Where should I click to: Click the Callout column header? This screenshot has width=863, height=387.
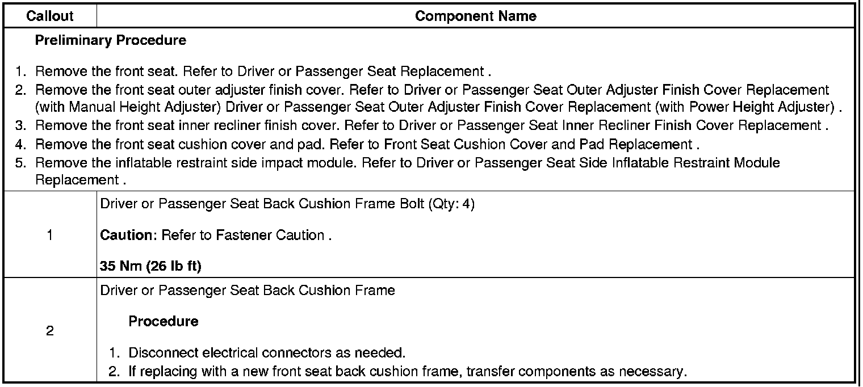pos(50,16)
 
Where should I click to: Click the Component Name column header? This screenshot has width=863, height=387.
pos(475,16)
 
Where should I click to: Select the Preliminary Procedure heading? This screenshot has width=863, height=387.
pos(110,40)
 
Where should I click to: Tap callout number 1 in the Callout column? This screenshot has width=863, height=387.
pos(50,235)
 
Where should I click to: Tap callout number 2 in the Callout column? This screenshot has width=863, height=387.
pos(50,331)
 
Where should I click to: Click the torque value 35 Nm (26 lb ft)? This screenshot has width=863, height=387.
pos(150,266)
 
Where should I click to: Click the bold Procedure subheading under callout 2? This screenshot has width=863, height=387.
pos(164,321)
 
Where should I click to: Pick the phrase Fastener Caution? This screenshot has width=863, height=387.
pos(270,235)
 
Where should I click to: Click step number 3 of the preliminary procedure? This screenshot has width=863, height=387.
pos(21,125)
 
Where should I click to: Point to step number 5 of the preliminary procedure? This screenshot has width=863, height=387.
pos(21,163)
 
